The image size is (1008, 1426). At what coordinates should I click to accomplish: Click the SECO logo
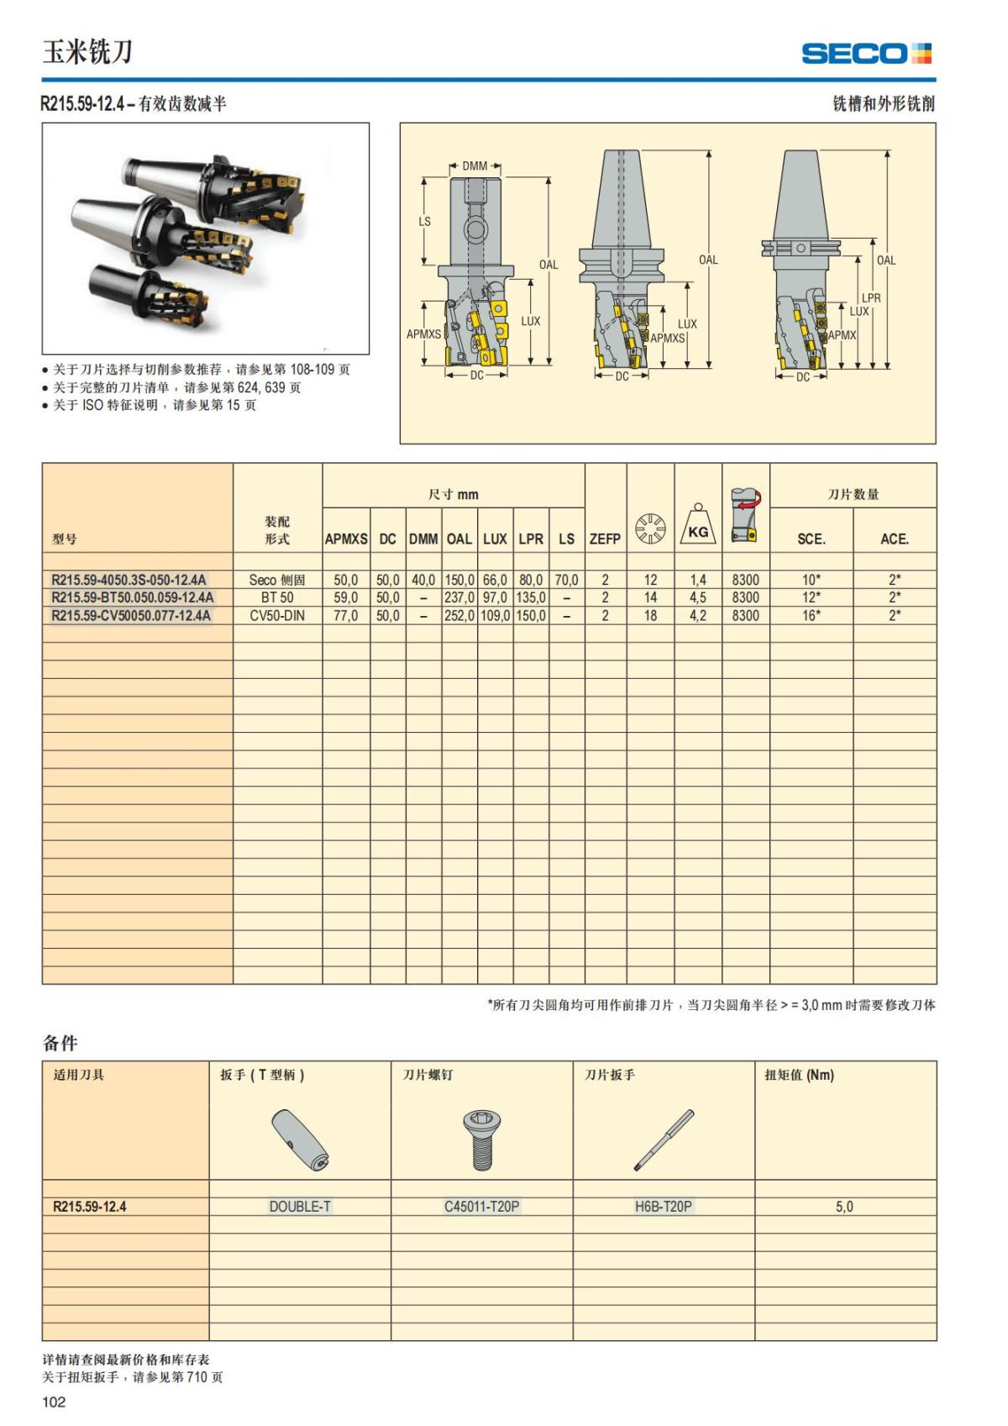coord(867,54)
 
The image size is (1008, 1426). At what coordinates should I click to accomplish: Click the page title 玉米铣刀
coord(87,53)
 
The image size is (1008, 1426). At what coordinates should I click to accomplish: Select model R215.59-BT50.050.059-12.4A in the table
coord(133,597)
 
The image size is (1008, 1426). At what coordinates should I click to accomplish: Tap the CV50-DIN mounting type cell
coord(277,616)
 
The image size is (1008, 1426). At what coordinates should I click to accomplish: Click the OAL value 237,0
coord(459,597)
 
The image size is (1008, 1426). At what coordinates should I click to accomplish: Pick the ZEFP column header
coord(605,539)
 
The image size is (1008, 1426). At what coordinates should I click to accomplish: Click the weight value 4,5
coord(698,597)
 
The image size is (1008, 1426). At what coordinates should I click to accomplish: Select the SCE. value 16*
coord(811,616)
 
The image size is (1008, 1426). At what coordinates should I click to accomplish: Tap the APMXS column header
coord(346,539)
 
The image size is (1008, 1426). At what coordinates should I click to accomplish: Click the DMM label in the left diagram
coord(475,166)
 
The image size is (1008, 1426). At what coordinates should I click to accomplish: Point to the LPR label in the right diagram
coord(871,298)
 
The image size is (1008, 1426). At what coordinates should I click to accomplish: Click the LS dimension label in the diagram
coord(425,222)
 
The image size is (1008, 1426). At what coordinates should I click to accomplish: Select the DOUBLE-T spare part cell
coord(300,1207)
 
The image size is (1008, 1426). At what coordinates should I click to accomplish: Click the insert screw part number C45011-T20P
coord(482,1207)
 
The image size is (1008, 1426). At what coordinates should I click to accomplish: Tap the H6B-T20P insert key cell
coord(664,1207)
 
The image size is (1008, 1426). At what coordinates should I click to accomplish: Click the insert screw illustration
coord(481,1139)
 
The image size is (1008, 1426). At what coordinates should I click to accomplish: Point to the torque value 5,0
coord(844,1207)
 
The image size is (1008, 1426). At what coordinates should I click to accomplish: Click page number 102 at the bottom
coord(54,1402)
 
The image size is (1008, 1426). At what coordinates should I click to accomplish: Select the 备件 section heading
coord(60,1043)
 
